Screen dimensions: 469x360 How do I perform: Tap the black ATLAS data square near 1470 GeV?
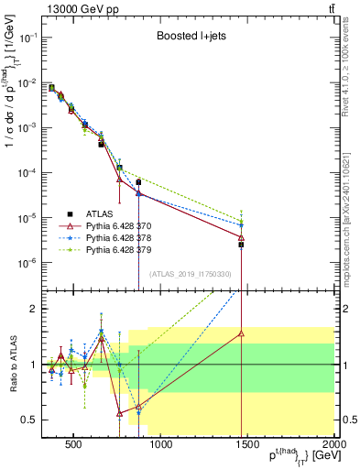point(242,245)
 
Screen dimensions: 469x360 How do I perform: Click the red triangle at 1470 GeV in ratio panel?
point(242,333)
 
